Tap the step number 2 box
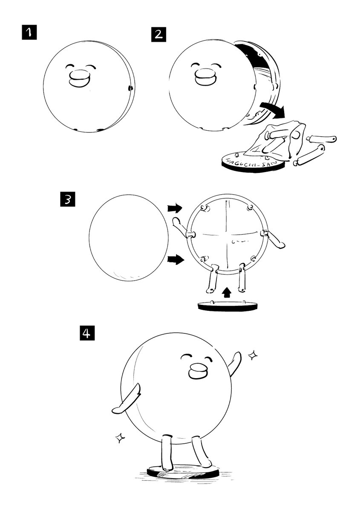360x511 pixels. pyautogui.click(x=158, y=33)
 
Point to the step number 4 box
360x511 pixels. pyautogui.click(x=87, y=333)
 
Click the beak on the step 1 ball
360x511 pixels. pyautogui.click(x=80, y=80)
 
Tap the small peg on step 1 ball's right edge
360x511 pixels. pyautogui.click(x=130, y=88)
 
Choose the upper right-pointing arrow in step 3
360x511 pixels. pyautogui.click(x=174, y=208)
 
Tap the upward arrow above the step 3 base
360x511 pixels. pyautogui.click(x=228, y=293)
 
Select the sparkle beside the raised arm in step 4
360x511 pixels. pyautogui.click(x=253, y=355)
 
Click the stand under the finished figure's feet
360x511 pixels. pyautogui.click(x=183, y=471)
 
